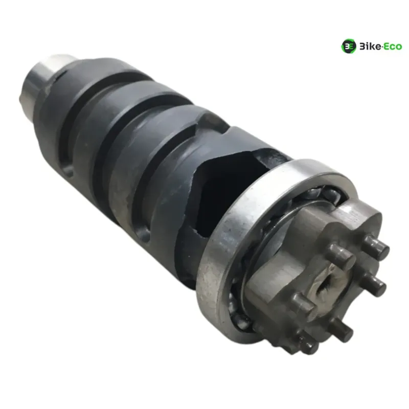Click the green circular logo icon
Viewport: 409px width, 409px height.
click(x=349, y=47)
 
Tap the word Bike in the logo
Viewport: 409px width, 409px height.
click(x=370, y=47)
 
